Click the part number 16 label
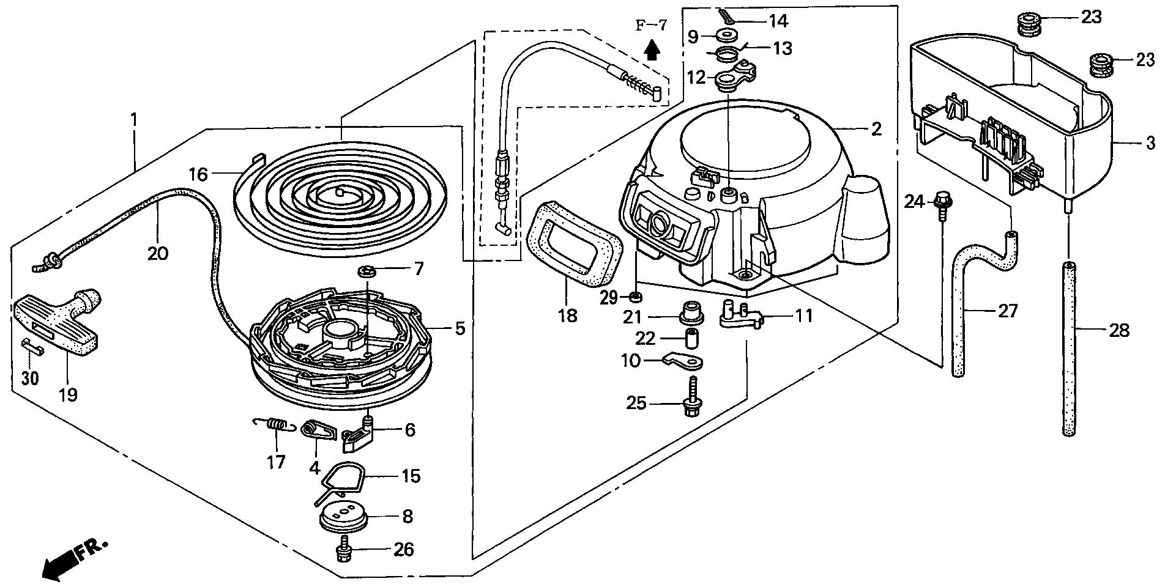[x=198, y=175]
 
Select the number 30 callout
[x=29, y=378]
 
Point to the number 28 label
[x=1120, y=331]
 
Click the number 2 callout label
[x=876, y=129]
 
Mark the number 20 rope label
[x=157, y=253]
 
